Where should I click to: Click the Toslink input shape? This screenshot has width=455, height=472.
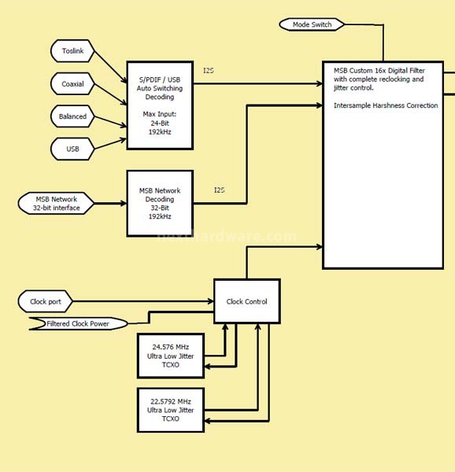click(x=72, y=51)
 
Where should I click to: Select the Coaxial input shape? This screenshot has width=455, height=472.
click(x=72, y=83)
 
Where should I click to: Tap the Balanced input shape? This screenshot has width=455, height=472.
click(x=72, y=116)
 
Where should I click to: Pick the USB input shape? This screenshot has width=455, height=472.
click(x=72, y=149)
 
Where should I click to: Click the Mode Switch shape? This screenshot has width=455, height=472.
click(x=312, y=24)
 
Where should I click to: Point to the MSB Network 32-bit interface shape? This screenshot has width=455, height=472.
click(x=57, y=204)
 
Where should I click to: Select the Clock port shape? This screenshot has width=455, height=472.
click(x=46, y=301)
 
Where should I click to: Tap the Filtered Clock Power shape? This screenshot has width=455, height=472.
click(x=78, y=323)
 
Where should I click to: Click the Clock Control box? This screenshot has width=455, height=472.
click(x=247, y=301)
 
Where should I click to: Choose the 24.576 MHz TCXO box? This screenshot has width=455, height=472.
click(x=171, y=356)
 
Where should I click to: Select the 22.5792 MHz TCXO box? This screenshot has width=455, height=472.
click(x=171, y=410)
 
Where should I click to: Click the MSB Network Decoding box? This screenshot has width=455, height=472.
click(x=160, y=204)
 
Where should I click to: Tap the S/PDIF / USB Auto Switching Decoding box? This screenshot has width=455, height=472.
click(x=160, y=105)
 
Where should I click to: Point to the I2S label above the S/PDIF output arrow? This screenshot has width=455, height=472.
click(x=209, y=71)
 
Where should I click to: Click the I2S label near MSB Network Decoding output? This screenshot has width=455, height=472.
click(x=219, y=190)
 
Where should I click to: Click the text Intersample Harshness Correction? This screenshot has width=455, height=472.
click(x=386, y=105)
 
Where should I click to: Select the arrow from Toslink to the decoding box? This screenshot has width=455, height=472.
click(x=110, y=67)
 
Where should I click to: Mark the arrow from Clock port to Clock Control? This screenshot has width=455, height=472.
click(x=143, y=301)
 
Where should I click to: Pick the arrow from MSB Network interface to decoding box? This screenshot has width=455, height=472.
click(x=110, y=204)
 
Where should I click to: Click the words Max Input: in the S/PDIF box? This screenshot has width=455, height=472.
click(x=160, y=114)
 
